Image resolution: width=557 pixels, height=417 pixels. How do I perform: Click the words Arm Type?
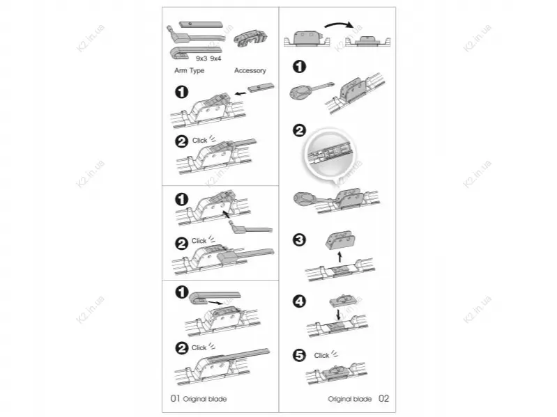tap(189, 70)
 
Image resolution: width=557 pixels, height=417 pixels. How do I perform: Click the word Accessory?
tap(250, 70)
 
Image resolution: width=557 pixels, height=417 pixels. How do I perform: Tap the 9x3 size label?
tap(201, 58)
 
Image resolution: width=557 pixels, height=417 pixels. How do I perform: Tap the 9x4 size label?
tap(215, 58)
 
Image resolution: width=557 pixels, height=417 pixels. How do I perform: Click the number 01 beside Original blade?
tap(176, 399)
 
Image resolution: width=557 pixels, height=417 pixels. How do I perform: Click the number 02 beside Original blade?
tap(383, 399)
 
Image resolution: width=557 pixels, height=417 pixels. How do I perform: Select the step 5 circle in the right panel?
tap(299, 355)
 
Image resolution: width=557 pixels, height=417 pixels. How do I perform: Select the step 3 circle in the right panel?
tap(299, 239)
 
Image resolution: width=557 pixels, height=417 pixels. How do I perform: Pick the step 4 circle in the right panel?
tap(299, 301)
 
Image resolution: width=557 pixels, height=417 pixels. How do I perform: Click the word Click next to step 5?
tap(321, 355)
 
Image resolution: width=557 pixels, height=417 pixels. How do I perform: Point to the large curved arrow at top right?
tap(339, 24)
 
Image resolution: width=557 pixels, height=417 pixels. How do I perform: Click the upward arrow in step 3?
tap(339, 256)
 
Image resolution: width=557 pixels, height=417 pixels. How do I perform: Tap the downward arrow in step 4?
tap(338, 313)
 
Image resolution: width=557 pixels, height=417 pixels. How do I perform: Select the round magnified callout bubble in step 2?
tap(330, 154)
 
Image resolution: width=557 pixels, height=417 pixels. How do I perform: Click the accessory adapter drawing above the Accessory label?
tap(250, 38)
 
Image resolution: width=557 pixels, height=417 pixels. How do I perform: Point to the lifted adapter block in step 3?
tap(340, 240)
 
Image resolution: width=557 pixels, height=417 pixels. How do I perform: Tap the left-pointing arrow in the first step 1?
tap(240, 93)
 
